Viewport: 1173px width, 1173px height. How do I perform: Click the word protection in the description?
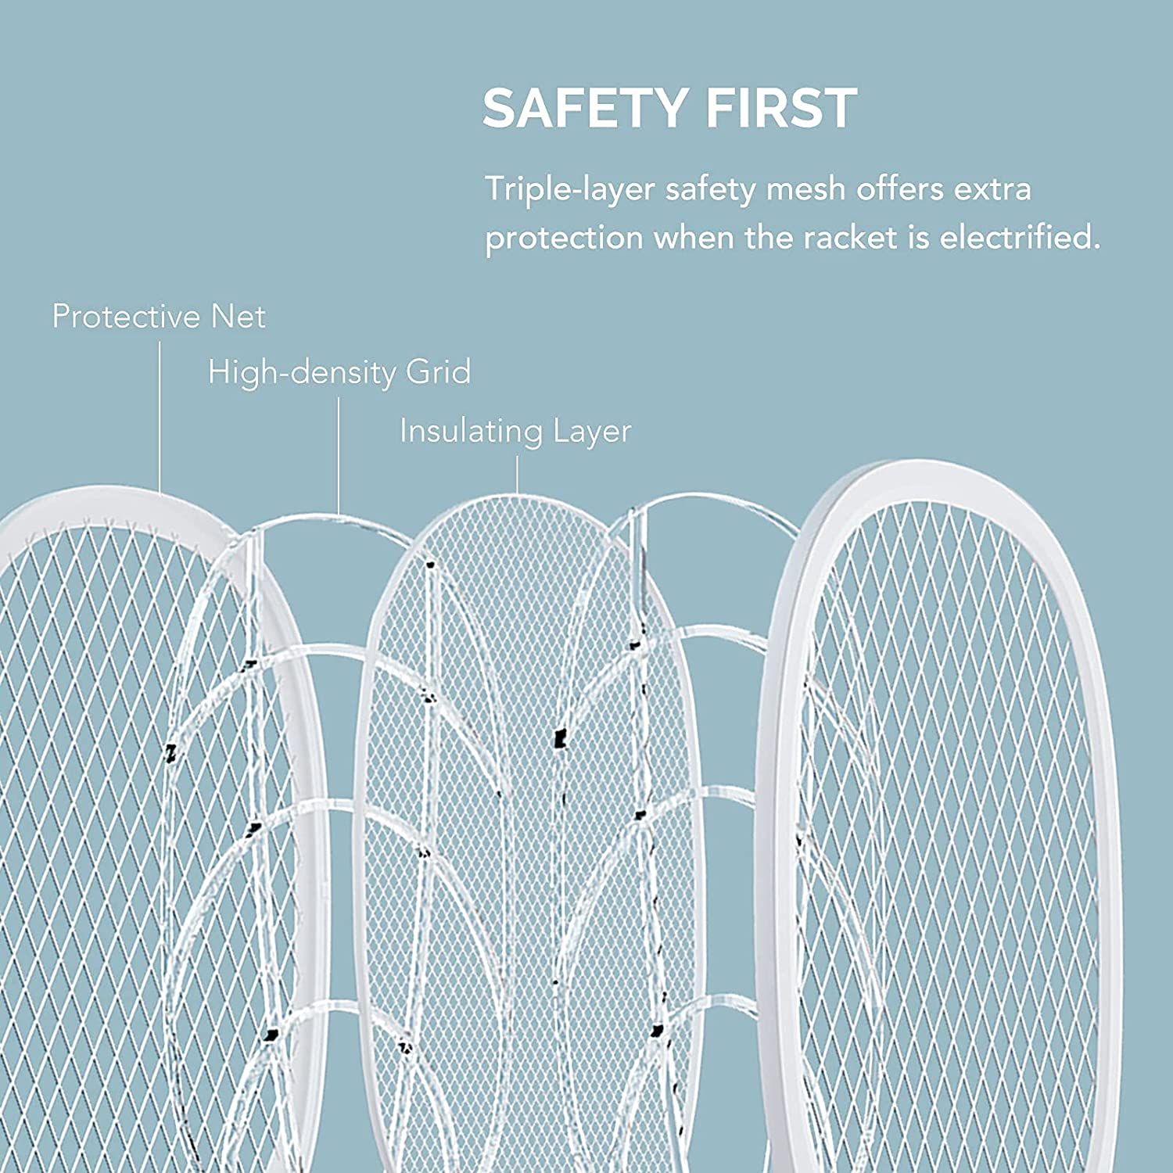click(x=564, y=239)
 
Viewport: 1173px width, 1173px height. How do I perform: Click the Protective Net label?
click(x=159, y=317)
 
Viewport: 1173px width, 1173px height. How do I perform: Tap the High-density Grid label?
click(x=339, y=373)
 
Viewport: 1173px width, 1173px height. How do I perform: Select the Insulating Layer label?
click(x=515, y=431)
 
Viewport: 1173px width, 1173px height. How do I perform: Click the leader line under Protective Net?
click(x=160, y=414)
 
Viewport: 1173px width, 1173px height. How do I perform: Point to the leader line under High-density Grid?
click(x=339, y=454)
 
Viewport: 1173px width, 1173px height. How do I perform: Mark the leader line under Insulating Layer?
click(x=517, y=474)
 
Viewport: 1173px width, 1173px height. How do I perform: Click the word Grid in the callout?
click(x=438, y=373)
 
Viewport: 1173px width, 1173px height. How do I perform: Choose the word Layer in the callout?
click(x=592, y=431)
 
